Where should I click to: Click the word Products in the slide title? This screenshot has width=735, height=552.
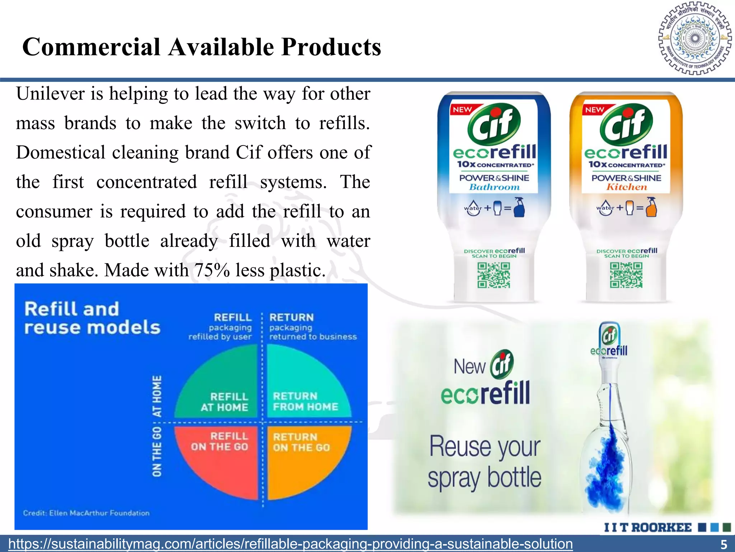(x=331, y=47)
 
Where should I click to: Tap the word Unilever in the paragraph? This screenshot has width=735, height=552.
(x=50, y=94)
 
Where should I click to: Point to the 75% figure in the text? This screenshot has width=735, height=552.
(x=212, y=270)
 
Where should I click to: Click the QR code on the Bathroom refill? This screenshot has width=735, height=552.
(x=493, y=275)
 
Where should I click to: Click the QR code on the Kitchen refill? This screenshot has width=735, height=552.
(x=626, y=275)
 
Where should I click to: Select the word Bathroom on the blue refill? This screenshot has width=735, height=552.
(x=494, y=187)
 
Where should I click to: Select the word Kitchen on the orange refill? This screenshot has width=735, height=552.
(x=627, y=187)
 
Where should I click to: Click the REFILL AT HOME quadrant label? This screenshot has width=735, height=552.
(x=225, y=402)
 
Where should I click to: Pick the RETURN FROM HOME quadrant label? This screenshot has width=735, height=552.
(x=305, y=401)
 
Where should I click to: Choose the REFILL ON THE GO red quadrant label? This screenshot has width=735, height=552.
(x=220, y=441)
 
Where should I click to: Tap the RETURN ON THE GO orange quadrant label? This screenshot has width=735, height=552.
(x=301, y=442)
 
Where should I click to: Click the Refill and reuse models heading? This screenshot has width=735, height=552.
(x=92, y=318)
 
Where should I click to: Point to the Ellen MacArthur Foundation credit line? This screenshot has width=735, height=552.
(x=86, y=513)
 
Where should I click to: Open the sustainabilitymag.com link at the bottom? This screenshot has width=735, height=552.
(x=290, y=544)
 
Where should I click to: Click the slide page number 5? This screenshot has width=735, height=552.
(x=724, y=544)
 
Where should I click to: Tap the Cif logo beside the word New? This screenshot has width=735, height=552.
(x=502, y=364)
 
